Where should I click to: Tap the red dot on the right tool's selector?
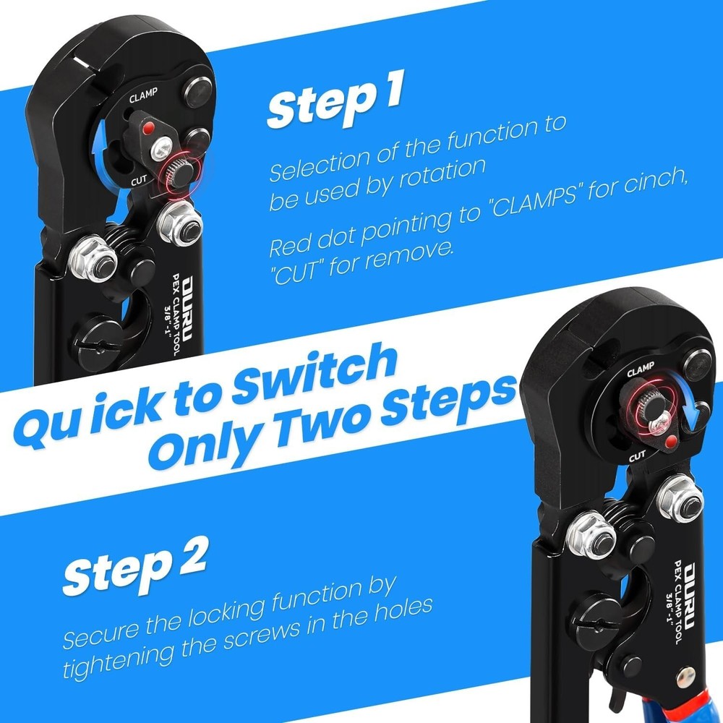(x=672, y=440)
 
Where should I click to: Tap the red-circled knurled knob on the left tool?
(x=175, y=174)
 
